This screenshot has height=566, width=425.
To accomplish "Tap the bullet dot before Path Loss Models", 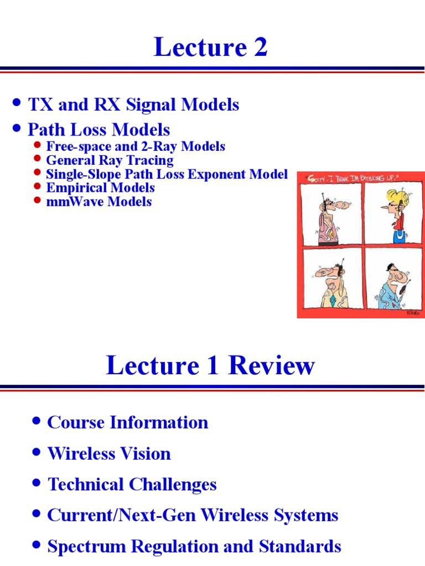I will pos(17,129).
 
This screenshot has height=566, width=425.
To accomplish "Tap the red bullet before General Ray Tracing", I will pos(38,160).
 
